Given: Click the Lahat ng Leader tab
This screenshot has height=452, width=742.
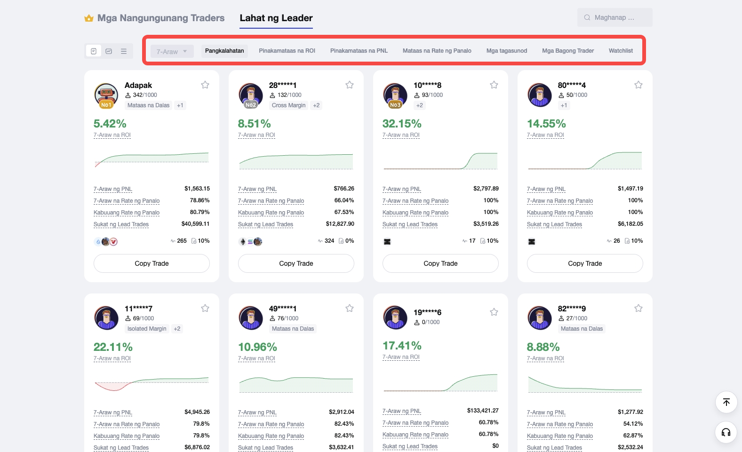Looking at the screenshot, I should (x=276, y=18).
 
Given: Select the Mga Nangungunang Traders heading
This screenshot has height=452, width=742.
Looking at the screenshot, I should (x=160, y=18).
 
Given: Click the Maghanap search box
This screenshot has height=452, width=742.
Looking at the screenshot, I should (x=614, y=18).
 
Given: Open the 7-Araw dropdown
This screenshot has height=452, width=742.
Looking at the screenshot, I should (x=172, y=52).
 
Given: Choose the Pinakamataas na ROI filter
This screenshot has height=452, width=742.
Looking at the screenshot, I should (x=287, y=51).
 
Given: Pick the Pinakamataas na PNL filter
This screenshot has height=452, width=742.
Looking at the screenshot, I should (x=359, y=51).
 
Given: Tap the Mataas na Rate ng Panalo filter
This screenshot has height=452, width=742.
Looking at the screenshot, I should (x=437, y=51).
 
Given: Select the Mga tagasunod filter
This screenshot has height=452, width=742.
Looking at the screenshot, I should (x=506, y=51).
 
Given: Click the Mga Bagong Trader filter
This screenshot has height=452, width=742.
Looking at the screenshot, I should (x=567, y=51).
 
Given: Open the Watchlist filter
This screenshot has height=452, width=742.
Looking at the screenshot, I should (x=621, y=51).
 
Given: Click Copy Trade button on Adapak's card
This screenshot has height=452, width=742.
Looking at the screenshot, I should (x=152, y=263).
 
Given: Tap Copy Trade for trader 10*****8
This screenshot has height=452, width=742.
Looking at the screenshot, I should (x=440, y=263).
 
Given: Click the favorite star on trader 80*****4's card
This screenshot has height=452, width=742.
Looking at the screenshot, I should (x=638, y=85).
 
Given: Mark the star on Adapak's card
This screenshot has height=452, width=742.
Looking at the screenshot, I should (x=205, y=85).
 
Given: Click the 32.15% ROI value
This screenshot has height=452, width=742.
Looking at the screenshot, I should (x=402, y=124).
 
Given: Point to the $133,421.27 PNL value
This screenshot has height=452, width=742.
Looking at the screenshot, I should (x=482, y=411).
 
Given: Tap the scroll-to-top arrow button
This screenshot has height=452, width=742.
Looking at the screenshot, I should (x=726, y=402).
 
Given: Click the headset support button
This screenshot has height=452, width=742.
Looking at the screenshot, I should (x=726, y=432).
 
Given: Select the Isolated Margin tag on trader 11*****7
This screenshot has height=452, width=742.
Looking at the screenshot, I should (x=147, y=329).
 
